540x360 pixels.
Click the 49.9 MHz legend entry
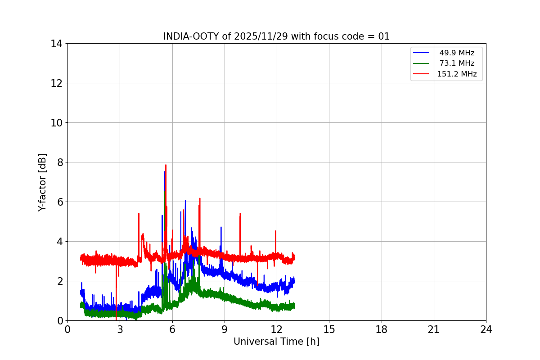456,53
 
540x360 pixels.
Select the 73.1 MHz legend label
456,63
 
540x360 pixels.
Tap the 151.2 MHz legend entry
456,74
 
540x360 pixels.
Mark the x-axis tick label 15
329,330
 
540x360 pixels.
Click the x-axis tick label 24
486,330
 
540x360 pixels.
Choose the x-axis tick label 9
225,330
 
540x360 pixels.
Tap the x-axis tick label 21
434,330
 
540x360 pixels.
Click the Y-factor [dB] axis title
42,182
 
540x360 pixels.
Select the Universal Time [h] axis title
276,342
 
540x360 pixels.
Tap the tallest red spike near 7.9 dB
166,166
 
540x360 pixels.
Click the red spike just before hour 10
240,214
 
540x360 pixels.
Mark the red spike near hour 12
275,232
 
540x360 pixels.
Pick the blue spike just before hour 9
221,228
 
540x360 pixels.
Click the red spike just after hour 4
139,214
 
